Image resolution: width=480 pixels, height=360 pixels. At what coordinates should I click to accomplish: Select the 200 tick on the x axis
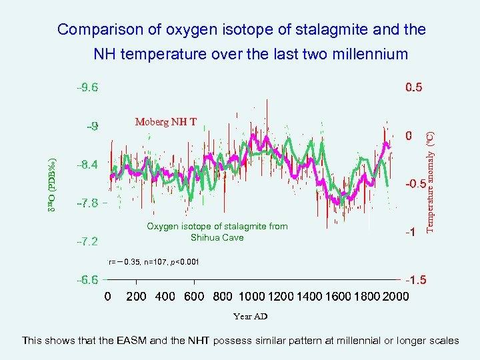(x=136, y=296)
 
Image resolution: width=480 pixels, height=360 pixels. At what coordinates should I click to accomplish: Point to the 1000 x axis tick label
(x=251, y=296)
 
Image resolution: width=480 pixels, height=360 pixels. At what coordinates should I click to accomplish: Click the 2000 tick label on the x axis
(x=396, y=296)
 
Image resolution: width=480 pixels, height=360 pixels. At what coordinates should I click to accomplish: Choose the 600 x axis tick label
(x=193, y=296)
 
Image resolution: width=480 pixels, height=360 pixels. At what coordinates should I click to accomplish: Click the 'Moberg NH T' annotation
(x=166, y=122)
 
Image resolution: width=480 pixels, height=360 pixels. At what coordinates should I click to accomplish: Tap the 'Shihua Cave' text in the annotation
(x=217, y=237)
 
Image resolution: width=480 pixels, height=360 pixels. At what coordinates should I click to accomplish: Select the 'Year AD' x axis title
(x=250, y=317)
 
